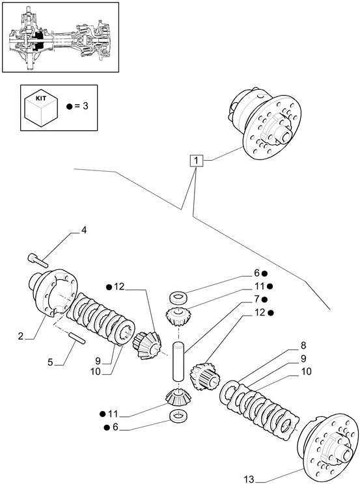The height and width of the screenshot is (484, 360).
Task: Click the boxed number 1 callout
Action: (x=196, y=161)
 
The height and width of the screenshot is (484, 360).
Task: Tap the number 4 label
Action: (x=84, y=230)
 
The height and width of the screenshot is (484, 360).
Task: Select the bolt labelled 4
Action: (x=38, y=260)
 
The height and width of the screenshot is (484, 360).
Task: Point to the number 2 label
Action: (x=21, y=336)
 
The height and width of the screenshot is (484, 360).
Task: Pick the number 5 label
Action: (x=50, y=362)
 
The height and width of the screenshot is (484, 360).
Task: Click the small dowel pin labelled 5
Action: (x=77, y=337)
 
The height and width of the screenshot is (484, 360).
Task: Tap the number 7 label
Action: (x=256, y=299)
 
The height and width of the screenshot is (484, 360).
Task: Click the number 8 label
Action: (x=303, y=345)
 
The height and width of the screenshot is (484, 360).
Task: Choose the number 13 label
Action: (x=249, y=479)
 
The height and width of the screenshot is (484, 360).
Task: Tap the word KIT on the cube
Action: (x=41, y=99)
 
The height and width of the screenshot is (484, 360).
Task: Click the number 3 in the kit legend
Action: (x=85, y=106)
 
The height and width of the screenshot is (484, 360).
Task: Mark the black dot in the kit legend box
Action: (x=69, y=107)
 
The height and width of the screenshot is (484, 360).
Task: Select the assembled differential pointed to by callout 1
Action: (x=266, y=124)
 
